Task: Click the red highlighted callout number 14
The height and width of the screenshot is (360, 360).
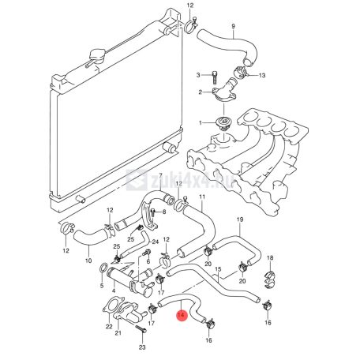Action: (182, 315)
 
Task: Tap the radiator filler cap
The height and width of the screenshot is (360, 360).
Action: (97, 56)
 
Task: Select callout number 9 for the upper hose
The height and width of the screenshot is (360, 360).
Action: (233, 26)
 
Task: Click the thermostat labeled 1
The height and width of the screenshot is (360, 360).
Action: (223, 124)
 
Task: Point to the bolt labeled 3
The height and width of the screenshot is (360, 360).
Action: (215, 77)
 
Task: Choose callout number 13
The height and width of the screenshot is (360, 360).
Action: (262, 76)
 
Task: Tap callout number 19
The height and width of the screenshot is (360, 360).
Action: (240, 219)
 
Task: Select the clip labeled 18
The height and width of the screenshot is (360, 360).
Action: (270, 279)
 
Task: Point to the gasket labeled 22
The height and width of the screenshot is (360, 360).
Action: (113, 306)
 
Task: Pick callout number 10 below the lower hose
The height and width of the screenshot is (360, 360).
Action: (88, 261)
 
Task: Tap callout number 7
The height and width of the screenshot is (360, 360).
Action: (161, 175)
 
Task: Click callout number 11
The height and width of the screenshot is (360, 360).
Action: (202, 197)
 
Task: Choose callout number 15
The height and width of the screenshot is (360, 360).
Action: (218, 269)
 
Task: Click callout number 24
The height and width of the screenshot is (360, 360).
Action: (156, 242)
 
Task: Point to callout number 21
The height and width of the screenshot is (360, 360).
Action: (118, 333)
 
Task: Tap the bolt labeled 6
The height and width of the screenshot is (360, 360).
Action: (146, 253)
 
